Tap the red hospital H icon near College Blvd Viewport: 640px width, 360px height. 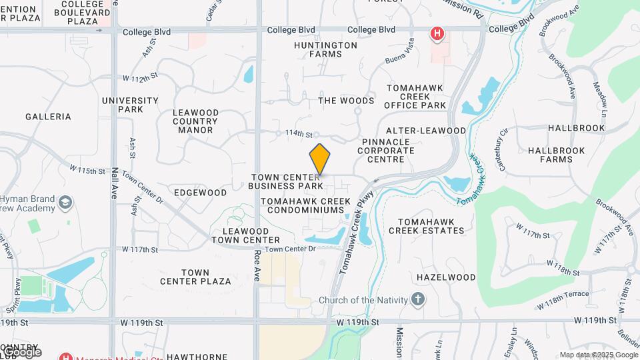click(437, 33)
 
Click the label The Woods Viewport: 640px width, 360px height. click(346, 101)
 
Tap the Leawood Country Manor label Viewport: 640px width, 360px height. click(195, 121)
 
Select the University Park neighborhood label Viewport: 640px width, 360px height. click(130, 105)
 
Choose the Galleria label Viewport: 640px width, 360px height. click(48, 117)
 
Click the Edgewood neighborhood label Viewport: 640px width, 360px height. click(201, 193)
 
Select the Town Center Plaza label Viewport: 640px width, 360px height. click(195, 277)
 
